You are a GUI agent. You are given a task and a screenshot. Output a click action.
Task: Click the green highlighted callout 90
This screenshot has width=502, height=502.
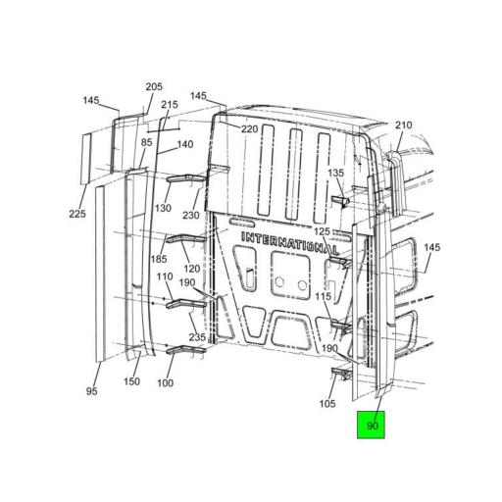(371, 425)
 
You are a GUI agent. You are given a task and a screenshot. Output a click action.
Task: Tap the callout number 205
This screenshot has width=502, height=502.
(154, 87)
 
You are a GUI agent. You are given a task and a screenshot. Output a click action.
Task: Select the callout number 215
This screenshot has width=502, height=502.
(170, 105)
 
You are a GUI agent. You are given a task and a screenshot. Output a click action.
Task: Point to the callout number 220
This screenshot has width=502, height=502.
(250, 129)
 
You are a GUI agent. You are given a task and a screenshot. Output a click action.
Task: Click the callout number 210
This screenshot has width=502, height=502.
(404, 125)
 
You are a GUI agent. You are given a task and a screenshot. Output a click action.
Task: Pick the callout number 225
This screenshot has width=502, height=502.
(77, 214)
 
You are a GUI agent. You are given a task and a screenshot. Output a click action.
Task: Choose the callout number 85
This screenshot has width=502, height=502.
(147, 142)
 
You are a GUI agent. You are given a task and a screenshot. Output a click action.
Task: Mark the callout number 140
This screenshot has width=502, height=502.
(185, 144)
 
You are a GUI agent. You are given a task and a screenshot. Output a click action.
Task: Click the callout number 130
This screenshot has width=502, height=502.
(163, 208)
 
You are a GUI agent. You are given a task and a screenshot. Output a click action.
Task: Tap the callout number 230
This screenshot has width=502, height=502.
(191, 215)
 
